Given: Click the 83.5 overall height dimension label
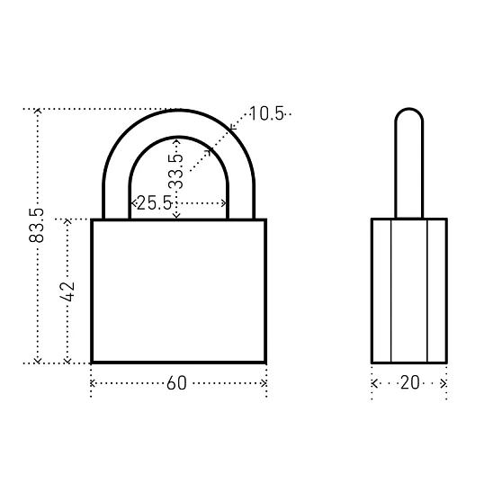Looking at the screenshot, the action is click(36, 225).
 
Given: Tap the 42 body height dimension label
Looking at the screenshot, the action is click(67, 291).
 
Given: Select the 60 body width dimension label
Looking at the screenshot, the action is click(176, 383).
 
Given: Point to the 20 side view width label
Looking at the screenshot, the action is click(410, 382).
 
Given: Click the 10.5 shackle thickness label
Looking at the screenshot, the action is click(266, 113).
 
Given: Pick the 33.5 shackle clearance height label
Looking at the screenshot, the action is click(176, 171).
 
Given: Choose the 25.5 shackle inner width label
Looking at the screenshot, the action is click(154, 202).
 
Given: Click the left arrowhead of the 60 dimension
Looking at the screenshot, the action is click(93, 383).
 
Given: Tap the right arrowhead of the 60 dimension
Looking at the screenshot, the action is click(264, 383).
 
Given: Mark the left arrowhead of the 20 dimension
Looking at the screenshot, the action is click(374, 383).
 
